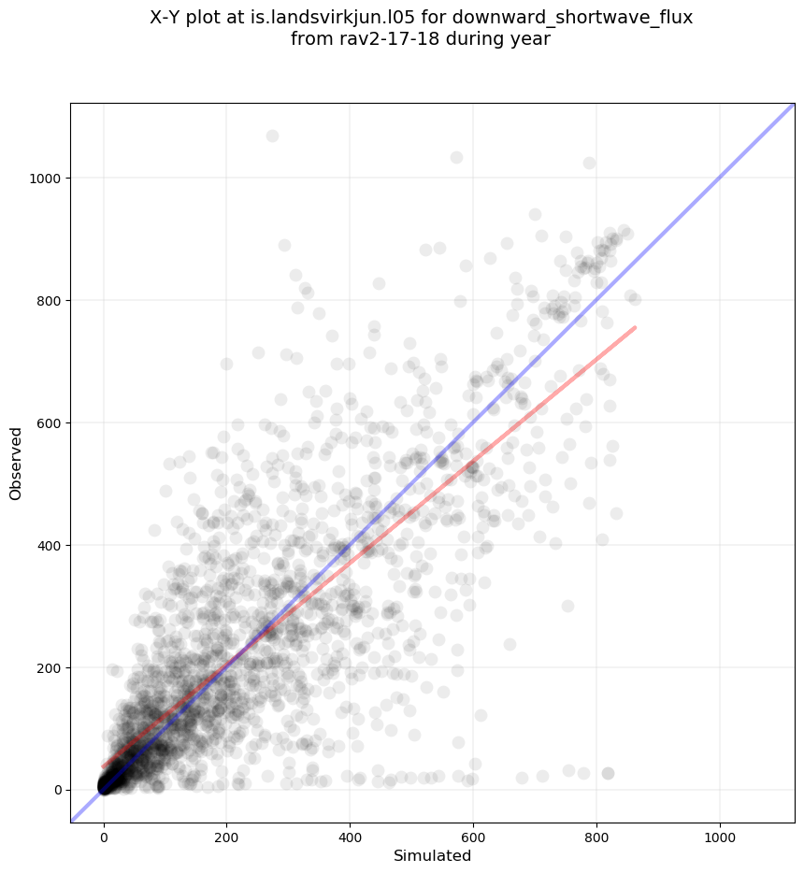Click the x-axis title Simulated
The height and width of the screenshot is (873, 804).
pos(432,856)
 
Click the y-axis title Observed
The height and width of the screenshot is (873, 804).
pos(16,463)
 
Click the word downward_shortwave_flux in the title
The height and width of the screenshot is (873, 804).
pos(590,18)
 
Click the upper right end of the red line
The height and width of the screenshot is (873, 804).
pos(636,327)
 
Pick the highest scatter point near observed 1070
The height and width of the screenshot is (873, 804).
pos(272,136)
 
